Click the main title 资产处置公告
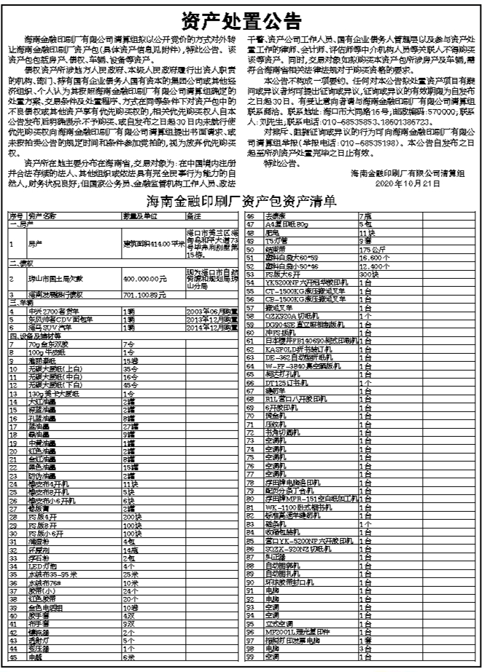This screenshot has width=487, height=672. (242, 18)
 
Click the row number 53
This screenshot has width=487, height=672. (249, 272)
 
